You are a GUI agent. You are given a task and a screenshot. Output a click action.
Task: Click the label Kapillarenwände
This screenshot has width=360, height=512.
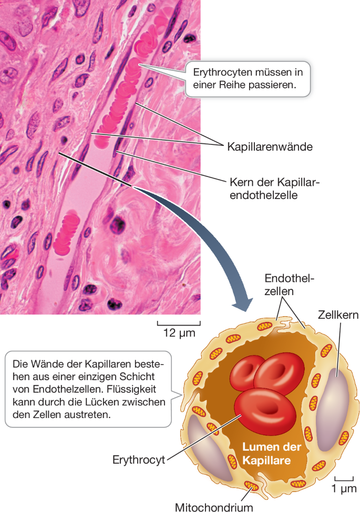(x=270, y=147)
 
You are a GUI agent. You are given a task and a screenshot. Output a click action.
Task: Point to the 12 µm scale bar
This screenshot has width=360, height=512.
(x=179, y=324)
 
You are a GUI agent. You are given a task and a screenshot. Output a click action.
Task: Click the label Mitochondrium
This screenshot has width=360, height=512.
(x=214, y=507)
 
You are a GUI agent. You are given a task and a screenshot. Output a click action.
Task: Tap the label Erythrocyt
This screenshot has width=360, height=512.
(x=139, y=460)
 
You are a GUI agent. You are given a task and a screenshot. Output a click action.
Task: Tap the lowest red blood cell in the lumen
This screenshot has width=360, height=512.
(x=259, y=408)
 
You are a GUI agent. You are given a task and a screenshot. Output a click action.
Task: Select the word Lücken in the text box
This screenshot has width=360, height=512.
(x=114, y=402)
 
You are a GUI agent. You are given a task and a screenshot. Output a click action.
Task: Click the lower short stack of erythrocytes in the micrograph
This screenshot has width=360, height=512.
(x=68, y=234)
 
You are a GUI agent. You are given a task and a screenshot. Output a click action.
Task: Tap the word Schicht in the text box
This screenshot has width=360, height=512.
(x=141, y=378)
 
